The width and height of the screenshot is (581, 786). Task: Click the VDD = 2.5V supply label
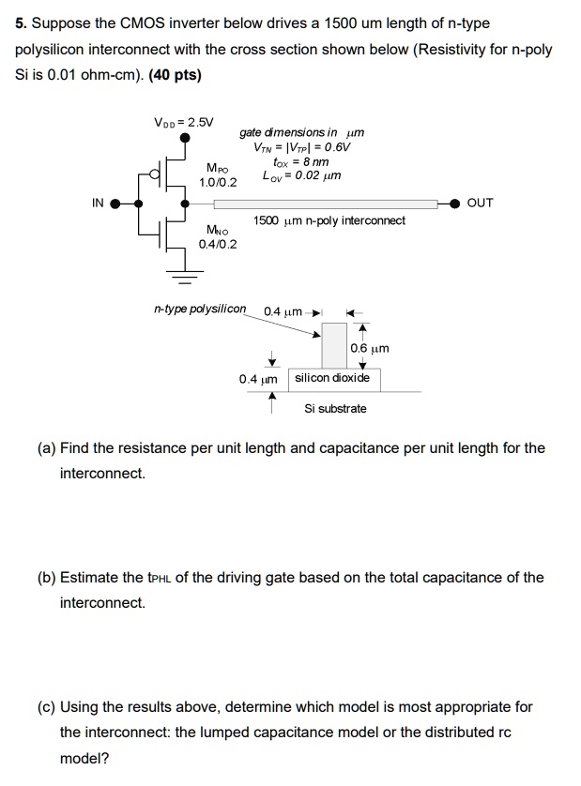184,122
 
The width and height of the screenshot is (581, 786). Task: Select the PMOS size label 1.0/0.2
218,181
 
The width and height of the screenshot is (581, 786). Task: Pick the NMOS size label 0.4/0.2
218,244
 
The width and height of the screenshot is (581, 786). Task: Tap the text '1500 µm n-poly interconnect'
329,220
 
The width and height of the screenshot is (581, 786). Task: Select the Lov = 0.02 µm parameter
301,175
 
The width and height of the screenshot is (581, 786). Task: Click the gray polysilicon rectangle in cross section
334,346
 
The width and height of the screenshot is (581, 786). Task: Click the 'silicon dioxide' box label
332,378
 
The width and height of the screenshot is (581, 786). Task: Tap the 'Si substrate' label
335,408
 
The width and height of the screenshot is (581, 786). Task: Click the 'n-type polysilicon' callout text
199,309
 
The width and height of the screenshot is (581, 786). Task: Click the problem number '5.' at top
21,23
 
